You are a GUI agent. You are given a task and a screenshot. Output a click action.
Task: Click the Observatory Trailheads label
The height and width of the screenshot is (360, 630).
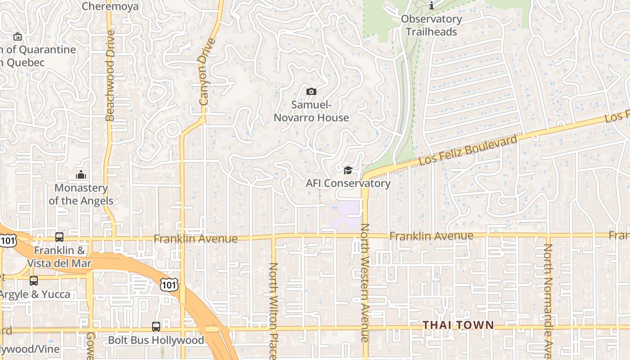(x=431, y=25)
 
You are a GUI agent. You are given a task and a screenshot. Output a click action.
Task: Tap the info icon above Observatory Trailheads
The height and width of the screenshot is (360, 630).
(x=432, y=5)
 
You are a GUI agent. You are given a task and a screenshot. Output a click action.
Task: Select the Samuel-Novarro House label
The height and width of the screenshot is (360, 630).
(x=311, y=111)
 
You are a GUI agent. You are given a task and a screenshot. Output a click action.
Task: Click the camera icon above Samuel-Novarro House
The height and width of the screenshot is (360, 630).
(x=311, y=92)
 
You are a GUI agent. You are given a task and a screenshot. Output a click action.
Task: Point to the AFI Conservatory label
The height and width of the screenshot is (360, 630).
(x=348, y=183)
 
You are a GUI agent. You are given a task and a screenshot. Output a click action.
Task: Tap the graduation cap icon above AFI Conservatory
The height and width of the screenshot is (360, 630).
(x=348, y=170)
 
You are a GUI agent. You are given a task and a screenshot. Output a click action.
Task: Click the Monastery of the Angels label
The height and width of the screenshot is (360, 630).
(x=81, y=194)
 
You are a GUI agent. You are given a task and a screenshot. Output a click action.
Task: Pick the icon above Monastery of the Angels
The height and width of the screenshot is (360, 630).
(x=81, y=175)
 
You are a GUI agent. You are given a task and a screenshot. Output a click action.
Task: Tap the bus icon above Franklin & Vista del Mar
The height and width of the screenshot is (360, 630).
(x=59, y=237)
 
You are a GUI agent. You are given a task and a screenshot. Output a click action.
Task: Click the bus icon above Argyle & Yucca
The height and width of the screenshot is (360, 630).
(x=34, y=281)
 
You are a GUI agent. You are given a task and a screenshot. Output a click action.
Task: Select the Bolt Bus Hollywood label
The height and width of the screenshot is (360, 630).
(x=156, y=340)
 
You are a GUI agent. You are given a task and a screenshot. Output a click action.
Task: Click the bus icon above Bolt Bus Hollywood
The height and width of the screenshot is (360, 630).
(x=156, y=327)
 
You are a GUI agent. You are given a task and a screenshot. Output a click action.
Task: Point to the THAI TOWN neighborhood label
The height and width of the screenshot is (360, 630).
(x=458, y=325)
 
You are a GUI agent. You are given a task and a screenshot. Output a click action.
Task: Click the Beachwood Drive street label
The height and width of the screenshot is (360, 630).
(x=110, y=76)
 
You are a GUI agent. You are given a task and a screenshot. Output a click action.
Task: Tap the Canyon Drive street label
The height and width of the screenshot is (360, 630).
(x=205, y=72)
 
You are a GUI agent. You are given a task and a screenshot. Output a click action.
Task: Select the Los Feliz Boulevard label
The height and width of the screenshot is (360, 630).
(x=468, y=150)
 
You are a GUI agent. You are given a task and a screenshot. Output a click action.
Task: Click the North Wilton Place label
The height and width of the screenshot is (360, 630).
(x=273, y=310)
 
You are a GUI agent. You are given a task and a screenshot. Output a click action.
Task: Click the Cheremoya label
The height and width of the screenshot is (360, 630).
(x=110, y=6)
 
